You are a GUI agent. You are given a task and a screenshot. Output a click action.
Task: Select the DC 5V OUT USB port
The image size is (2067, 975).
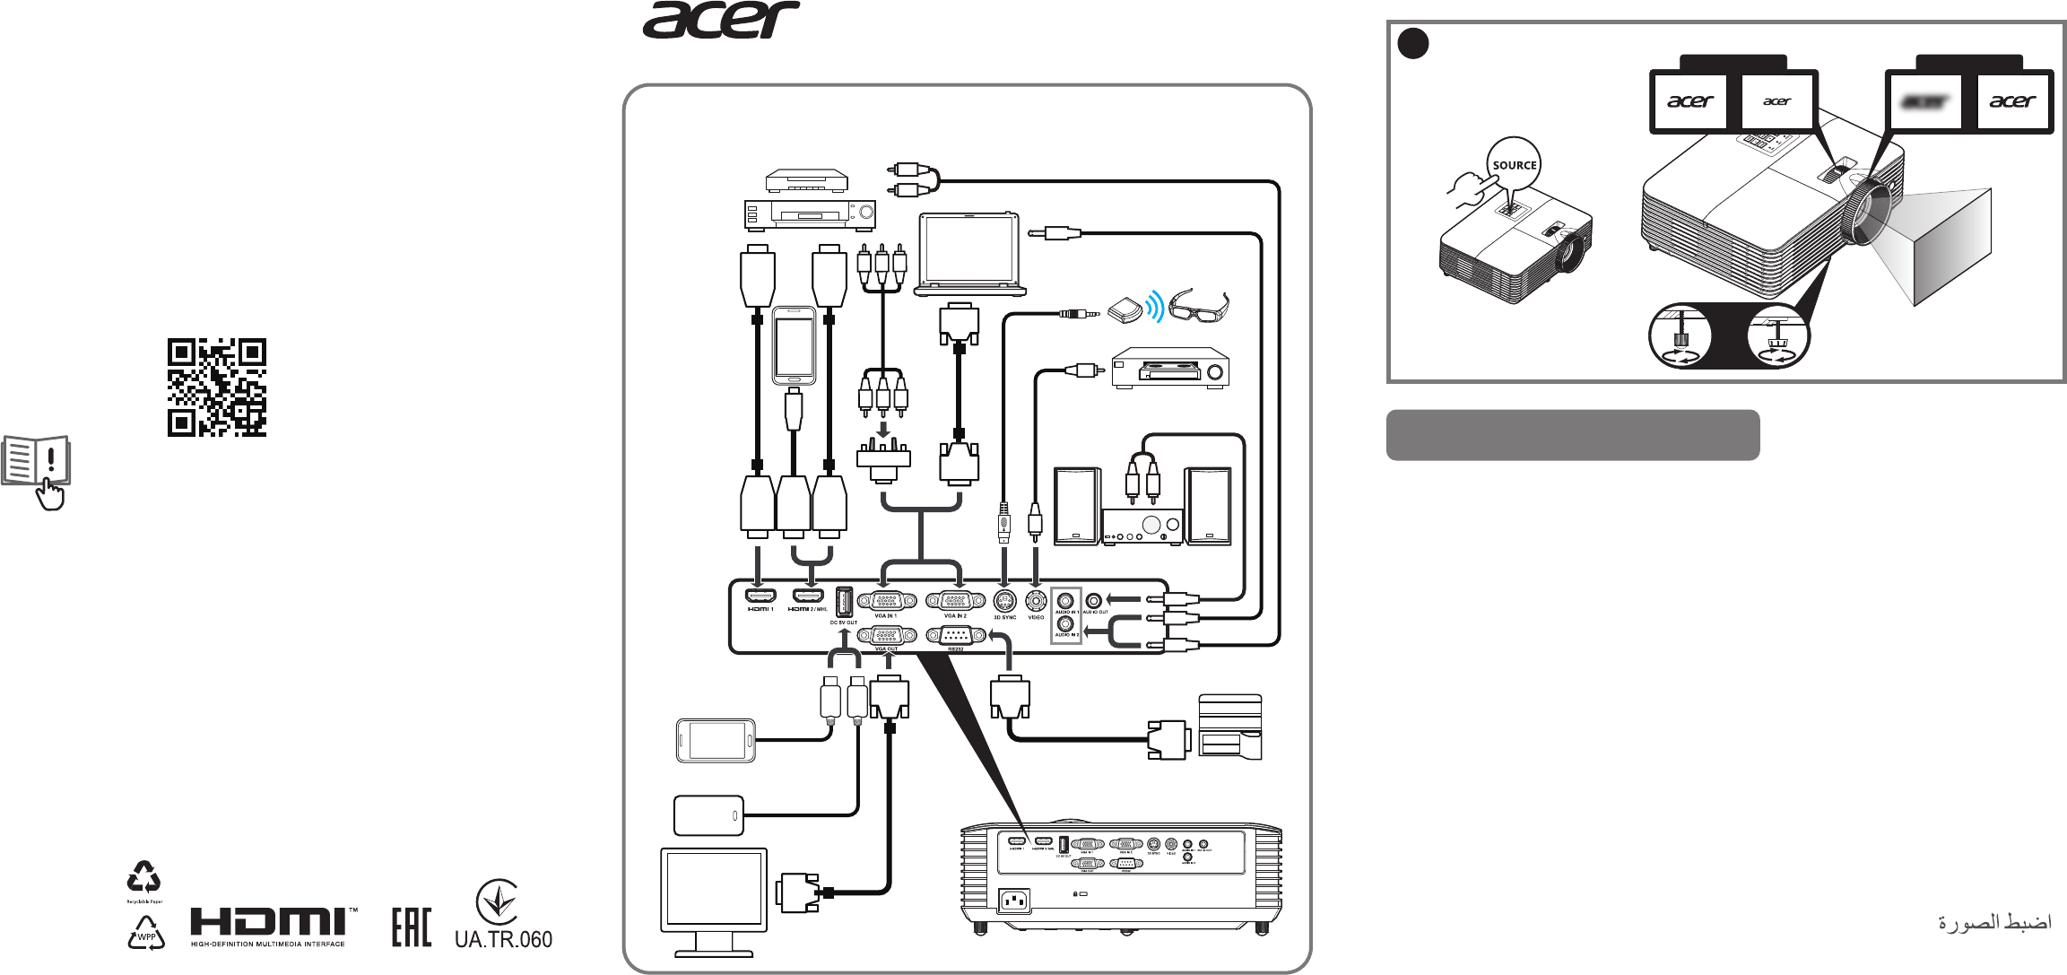point(843,600)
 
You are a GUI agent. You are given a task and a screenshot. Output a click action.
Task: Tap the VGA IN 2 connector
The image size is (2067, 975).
point(955,600)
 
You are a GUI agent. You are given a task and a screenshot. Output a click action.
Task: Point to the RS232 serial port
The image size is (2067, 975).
point(955,635)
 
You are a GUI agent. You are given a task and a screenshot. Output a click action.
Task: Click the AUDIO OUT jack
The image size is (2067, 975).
point(1093,600)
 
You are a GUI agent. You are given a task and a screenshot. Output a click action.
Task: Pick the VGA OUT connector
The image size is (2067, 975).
point(886,635)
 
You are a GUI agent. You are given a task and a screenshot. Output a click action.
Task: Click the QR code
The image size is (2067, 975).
point(217,387)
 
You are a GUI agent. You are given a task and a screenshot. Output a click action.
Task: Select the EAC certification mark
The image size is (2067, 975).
point(412,927)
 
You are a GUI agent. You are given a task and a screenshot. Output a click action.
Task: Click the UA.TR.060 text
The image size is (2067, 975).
point(503,939)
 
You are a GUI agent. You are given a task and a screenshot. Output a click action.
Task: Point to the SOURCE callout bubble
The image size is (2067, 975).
point(1514,165)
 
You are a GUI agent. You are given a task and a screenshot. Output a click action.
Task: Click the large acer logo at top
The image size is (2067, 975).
point(721,20)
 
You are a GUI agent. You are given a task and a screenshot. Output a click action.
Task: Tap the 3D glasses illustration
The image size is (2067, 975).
point(1198,307)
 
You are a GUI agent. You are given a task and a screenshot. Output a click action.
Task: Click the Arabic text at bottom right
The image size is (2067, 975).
point(1994,922)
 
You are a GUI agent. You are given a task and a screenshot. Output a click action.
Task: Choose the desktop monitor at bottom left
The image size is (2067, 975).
point(714,900)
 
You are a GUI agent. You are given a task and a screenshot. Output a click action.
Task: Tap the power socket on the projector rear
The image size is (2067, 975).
point(1014,900)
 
